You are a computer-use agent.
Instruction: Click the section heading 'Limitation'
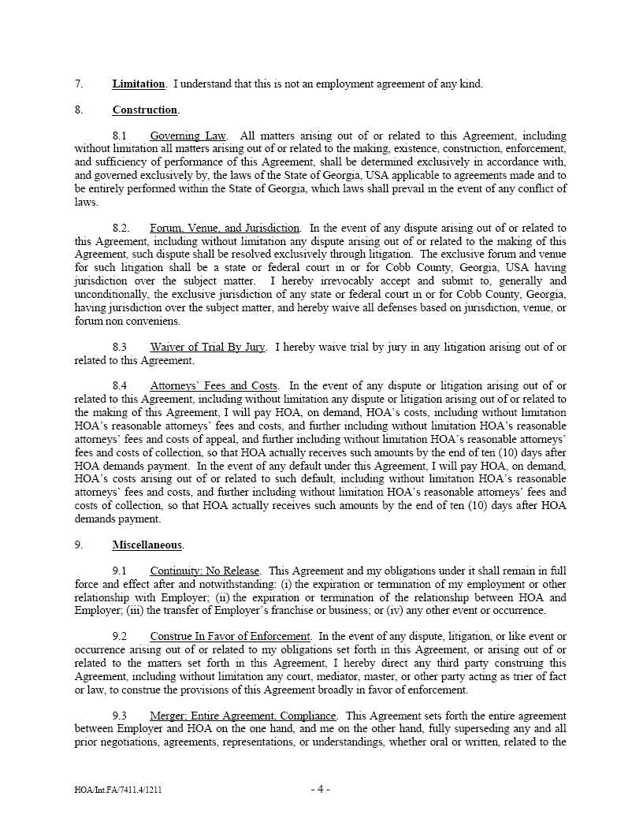pos(138,84)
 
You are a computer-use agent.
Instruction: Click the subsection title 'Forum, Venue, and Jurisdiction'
pos(225,229)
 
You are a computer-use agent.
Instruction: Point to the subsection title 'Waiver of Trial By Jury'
pos(208,348)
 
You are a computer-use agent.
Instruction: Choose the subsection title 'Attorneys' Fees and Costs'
pos(214,386)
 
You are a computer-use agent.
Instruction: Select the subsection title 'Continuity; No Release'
pos(203,571)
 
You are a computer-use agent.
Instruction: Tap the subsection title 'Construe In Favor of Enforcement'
pos(230,636)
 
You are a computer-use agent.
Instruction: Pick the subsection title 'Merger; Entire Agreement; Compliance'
pos(243,716)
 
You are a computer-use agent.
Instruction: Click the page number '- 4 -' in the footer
pos(320,789)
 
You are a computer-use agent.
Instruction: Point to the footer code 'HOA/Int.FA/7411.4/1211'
pos(118,790)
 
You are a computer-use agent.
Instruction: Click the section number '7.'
pos(79,84)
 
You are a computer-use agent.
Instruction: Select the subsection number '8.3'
pos(120,348)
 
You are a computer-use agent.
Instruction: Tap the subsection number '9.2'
pos(120,636)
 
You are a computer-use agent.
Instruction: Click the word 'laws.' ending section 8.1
pos(86,203)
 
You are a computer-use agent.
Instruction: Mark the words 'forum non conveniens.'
pos(119,322)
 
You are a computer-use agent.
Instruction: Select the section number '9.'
pos(79,545)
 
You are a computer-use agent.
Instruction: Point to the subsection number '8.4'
pos(120,386)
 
